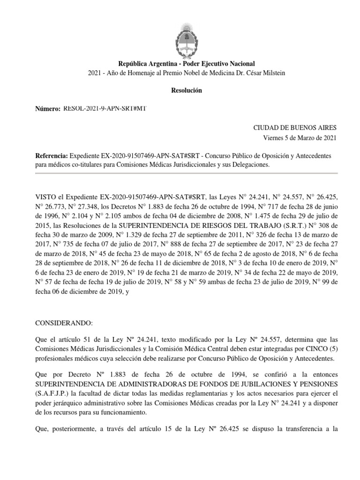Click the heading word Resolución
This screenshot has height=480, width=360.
coord(180,90)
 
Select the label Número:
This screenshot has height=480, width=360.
coord(48,109)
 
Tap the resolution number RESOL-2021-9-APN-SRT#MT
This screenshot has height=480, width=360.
coord(105,109)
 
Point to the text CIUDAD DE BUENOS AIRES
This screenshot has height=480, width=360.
coord(294,127)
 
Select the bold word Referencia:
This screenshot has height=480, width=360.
coord(52,156)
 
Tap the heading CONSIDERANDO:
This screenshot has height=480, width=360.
coord(64,323)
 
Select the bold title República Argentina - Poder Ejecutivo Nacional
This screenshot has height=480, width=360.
coord(180,63)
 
